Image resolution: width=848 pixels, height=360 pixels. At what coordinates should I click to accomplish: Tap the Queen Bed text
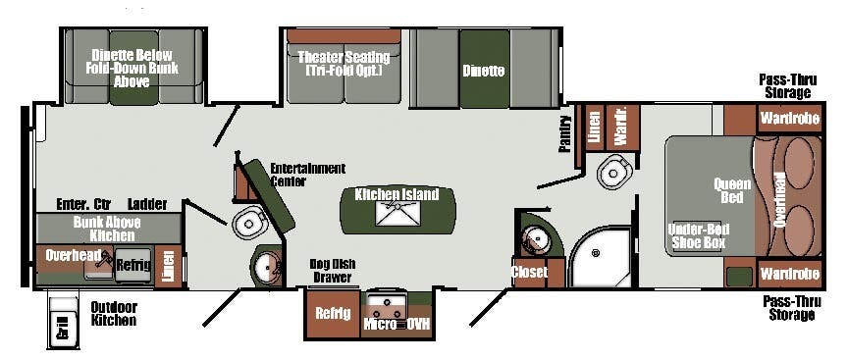(731, 189)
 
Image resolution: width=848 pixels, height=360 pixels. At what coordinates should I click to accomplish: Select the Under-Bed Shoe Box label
(697, 235)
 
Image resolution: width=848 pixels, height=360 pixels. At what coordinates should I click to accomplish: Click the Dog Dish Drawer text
(331, 270)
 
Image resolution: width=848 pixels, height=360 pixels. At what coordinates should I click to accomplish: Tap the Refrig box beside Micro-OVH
(332, 314)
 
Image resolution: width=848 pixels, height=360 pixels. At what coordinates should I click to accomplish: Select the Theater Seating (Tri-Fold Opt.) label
(344, 63)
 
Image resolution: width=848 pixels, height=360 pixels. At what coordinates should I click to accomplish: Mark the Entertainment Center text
(308, 174)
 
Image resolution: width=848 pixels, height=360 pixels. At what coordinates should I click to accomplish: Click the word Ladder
(147, 204)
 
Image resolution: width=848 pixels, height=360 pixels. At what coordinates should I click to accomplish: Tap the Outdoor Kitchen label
(114, 313)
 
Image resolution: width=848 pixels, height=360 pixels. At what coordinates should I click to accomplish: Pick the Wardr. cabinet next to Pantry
(620, 127)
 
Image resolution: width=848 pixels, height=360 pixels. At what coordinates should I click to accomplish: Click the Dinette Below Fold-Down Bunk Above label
(132, 68)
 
